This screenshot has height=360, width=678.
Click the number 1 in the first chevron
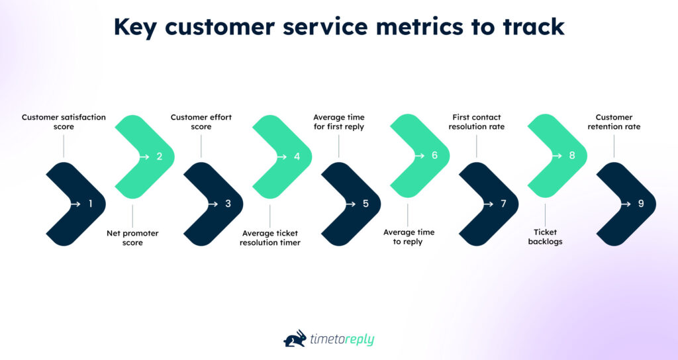(91, 204)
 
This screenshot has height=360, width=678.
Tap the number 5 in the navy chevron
(366, 204)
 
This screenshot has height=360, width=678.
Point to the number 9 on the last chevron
(641, 204)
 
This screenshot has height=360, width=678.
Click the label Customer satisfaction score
(64, 122)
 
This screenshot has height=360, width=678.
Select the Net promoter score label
(132, 238)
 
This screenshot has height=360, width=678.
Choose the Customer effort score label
(201, 122)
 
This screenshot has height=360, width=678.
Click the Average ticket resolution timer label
(270, 238)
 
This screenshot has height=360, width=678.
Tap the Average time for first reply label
(338, 122)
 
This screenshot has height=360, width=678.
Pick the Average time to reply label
(408, 238)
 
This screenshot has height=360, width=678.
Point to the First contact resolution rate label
(477, 122)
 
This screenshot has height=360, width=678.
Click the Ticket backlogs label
(546, 238)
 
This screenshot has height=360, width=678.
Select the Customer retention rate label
(614, 122)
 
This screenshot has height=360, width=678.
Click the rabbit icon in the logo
(295, 338)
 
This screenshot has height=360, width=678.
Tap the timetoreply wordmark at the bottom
(343, 339)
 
